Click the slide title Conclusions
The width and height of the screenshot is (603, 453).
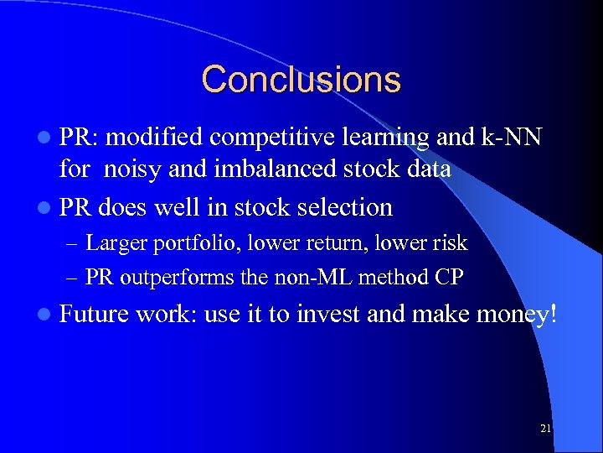click(301, 80)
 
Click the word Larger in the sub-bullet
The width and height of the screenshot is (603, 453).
click(115, 243)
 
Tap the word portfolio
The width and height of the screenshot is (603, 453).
click(179, 244)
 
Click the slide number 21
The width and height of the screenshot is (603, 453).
click(545, 429)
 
